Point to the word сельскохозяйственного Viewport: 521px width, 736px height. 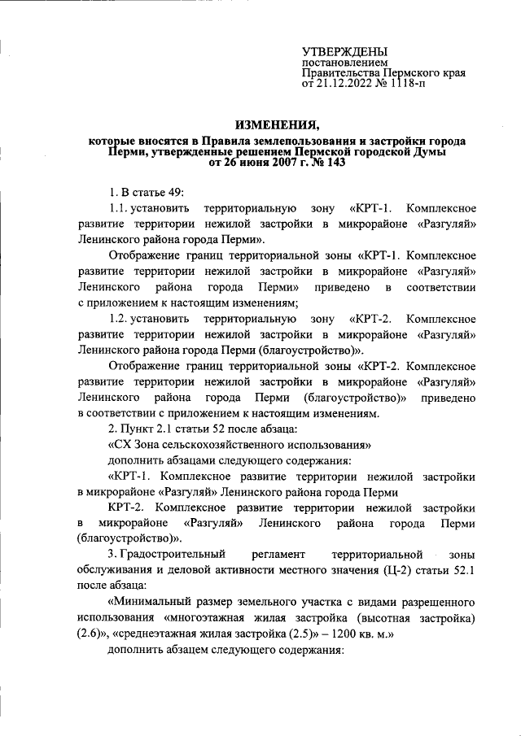tap(221, 445)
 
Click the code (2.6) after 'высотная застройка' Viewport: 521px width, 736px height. tap(90, 635)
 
